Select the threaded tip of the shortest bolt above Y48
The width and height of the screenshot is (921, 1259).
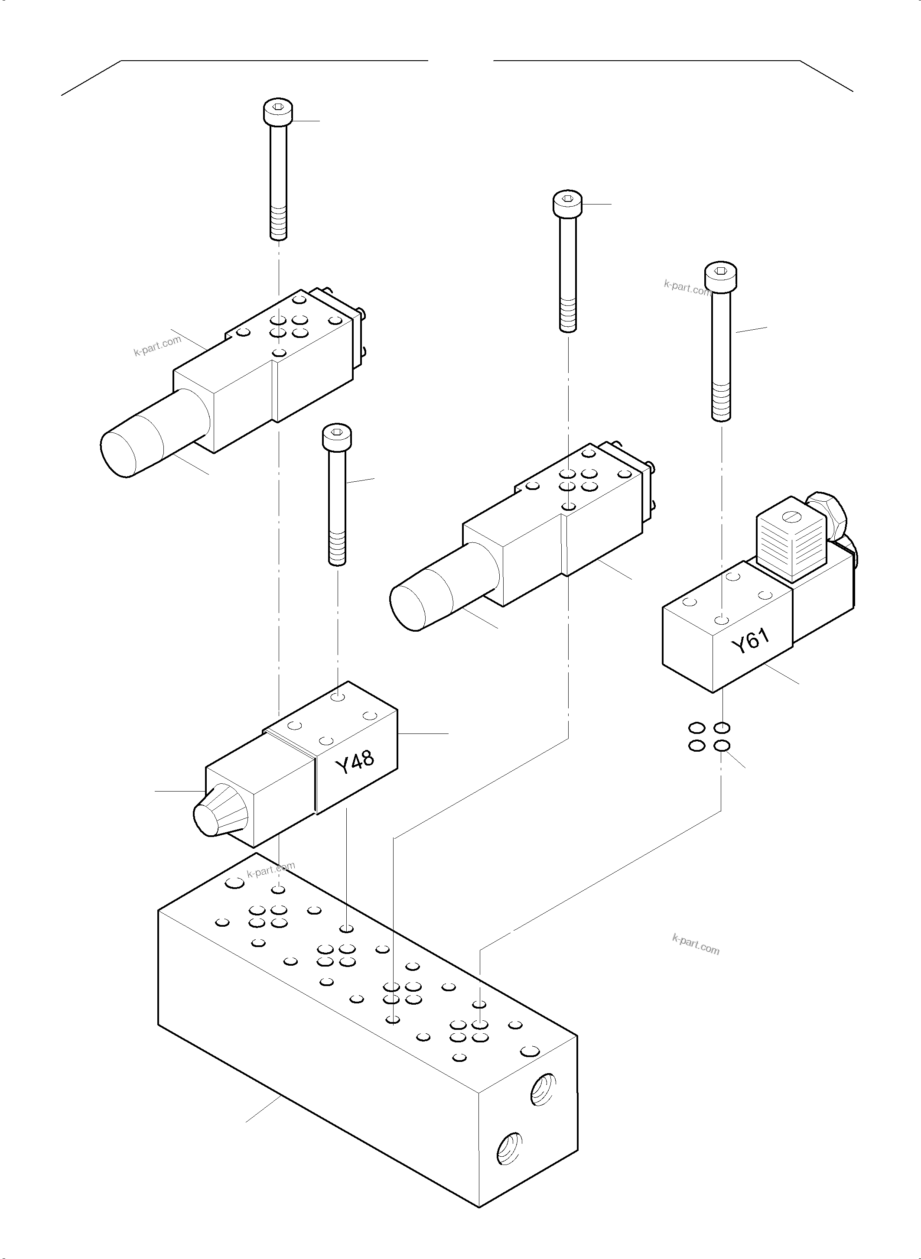[x=337, y=549]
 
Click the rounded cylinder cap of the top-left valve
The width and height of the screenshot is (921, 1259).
[x=120, y=452]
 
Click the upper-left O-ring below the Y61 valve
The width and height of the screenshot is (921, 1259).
[x=696, y=728]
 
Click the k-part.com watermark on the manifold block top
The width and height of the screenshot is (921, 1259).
[x=271, y=870]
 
